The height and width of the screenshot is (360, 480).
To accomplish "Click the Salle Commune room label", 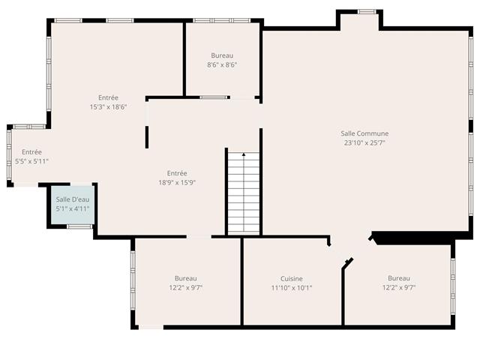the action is click(x=364, y=133).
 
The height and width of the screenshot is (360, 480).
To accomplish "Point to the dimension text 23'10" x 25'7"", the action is click(x=364, y=142).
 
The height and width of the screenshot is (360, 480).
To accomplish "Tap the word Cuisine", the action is click(x=292, y=278).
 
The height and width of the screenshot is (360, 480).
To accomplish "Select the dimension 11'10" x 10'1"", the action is click(x=292, y=288).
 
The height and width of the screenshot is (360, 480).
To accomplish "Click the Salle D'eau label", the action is click(x=73, y=199).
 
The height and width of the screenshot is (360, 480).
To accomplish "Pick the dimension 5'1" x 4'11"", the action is click(x=73, y=208).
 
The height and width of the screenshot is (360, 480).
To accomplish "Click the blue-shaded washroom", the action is click(x=72, y=205).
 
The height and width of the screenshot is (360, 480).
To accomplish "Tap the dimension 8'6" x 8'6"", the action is click(x=222, y=64).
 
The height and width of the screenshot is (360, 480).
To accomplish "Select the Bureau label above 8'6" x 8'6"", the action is click(x=222, y=55).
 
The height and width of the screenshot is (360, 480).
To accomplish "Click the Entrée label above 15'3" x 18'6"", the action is click(x=108, y=97).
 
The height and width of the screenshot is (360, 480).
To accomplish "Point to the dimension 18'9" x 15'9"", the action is click(x=177, y=183).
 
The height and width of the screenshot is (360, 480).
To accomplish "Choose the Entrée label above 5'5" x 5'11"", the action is click(x=31, y=151).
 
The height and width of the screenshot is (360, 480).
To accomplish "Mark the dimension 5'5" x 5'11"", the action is click(x=31, y=161).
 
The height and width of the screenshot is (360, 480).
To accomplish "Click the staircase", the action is click(x=244, y=193).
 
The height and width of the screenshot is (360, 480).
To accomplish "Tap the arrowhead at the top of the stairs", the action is click(x=244, y=154).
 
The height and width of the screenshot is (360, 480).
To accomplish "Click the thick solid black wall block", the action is click(x=422, y=238).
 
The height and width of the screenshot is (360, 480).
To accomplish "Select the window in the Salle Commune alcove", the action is click(x=367, y=12).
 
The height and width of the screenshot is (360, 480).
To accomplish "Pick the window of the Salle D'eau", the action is click(x=79, y=226).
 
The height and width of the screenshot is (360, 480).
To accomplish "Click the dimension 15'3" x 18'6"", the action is click(x=108, y=106).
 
